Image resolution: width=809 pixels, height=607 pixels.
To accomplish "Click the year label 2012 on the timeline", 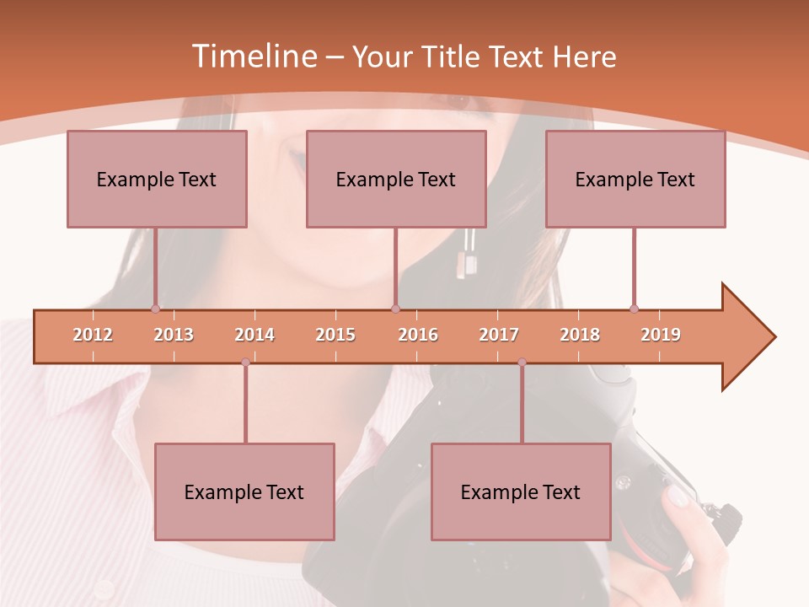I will click(93, 335).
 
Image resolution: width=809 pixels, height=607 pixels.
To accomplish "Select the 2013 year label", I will click(174, 335).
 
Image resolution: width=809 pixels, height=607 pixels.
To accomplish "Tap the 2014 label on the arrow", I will click(254, 335).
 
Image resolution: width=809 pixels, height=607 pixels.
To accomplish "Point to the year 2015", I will click(335, 335).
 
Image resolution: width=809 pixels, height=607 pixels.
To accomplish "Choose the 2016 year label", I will click(418, 335).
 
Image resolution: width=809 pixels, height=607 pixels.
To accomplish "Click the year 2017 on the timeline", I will click(499, 335).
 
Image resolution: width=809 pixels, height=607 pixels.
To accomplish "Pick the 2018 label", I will click(580, 335).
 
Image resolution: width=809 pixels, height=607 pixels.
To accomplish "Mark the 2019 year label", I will click(661, 335).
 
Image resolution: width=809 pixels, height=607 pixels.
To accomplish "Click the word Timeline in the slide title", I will click(253, 56).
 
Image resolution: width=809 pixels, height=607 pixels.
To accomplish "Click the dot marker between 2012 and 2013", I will click(155, 309).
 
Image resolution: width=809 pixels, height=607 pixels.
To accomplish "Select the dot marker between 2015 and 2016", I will click(395, 309).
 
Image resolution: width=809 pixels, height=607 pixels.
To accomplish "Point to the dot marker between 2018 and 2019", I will click(634, 309).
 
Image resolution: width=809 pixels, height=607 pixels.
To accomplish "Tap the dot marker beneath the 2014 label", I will click(245, 363).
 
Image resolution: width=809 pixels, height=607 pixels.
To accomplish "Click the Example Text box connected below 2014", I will click(244, 492).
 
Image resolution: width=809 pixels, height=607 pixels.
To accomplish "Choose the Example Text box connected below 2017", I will click(521, 492).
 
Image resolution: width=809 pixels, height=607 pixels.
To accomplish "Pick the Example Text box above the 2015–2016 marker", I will click(396, 179).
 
